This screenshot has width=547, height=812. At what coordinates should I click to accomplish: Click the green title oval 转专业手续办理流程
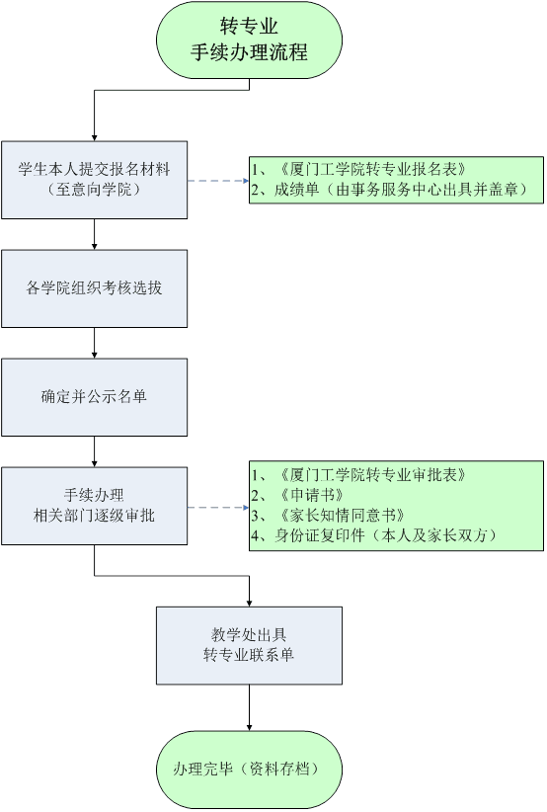point(249,40)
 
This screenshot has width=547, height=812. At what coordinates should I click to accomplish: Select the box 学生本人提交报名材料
point(94,180)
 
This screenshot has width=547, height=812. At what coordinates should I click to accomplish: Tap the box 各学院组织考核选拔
point(94,288)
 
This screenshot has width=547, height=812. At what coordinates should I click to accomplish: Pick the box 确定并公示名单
point(94,397)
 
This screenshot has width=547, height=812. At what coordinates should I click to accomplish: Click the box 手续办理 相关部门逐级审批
point(94,506)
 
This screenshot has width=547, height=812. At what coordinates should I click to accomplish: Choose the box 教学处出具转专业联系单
point(250,646)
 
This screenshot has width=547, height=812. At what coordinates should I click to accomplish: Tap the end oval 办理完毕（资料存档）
point(250,771)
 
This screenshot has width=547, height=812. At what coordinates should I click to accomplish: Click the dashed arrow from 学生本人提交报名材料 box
point(218,181)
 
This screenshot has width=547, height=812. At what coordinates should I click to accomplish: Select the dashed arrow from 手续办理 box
point(218,508)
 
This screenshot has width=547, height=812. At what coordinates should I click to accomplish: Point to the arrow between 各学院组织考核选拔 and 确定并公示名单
point(94,343)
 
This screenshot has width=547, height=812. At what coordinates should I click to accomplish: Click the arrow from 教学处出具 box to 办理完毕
point(250,708)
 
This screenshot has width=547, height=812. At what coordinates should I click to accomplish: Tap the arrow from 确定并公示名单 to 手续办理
point(94,451)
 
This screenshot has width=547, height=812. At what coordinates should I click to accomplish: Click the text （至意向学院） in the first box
point(94,190)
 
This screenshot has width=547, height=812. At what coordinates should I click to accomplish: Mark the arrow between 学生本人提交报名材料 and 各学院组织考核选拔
point(94,234)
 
